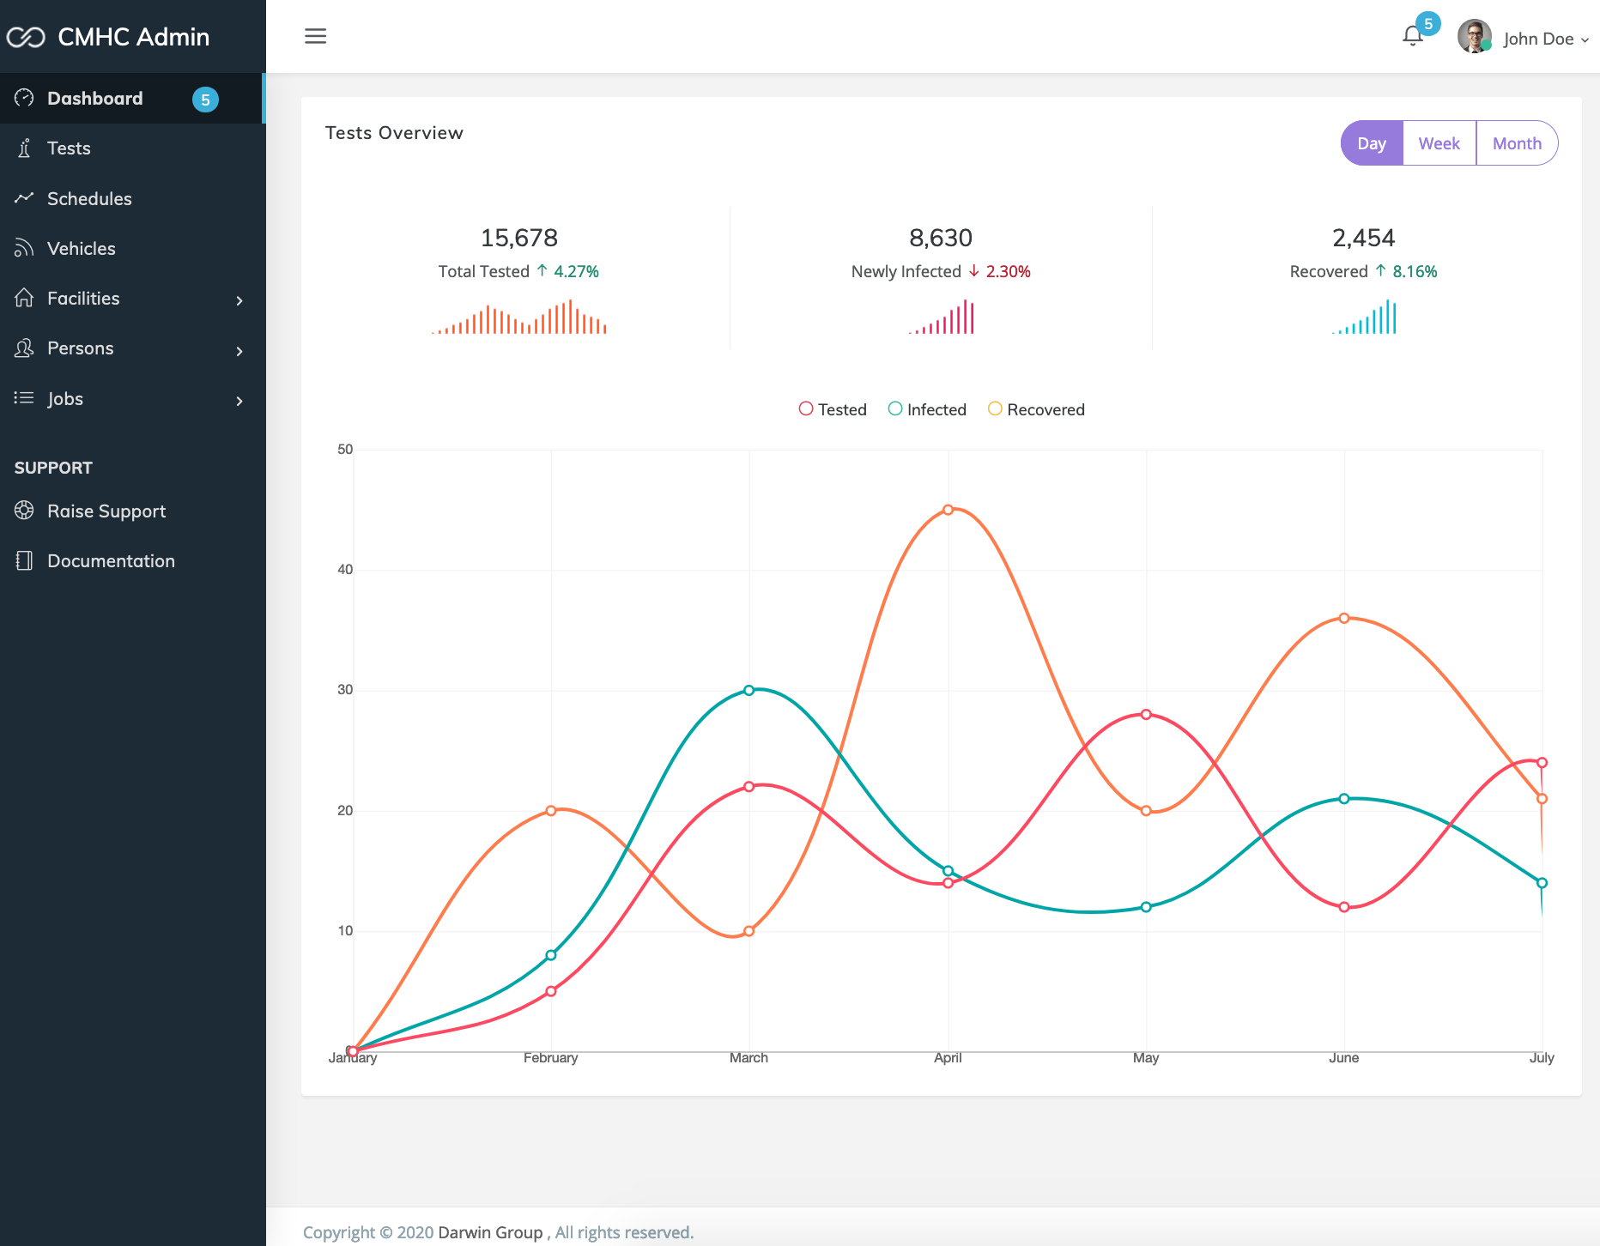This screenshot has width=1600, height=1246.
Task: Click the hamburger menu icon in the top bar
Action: [x=315, y=36]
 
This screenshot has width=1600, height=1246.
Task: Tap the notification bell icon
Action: [x=1412, y=36]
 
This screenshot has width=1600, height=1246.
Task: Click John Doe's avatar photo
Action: [x=1474, y=36]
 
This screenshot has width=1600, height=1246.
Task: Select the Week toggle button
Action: [x=1439, y=143]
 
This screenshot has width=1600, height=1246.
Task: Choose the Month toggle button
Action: [x=1517, y=143]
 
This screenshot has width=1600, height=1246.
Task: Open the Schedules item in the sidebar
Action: [x=89, y=198]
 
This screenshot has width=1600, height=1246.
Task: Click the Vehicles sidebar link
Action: [x=81, y=248]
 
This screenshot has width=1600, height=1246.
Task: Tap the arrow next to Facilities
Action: [x=239, y=300]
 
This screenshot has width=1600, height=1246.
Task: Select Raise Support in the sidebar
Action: [x=106, y=511]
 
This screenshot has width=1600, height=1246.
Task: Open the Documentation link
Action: [x=111, y=561]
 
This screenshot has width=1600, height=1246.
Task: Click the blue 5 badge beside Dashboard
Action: [x=205, y=100]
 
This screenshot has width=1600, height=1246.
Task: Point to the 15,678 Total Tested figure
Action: [x=519, y=238]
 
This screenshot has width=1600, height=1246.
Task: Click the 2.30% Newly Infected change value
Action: [x=1008, y=271]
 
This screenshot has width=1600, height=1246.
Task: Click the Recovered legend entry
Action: [x=1036, y=409]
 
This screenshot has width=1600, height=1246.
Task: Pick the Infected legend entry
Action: [x=927, y=409]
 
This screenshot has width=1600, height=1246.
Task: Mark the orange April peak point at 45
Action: [x=948, y=510]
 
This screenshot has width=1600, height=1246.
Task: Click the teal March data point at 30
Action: [x=748, y=690]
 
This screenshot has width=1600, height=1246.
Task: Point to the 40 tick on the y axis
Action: [x=345, y=570]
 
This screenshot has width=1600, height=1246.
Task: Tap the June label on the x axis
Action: [x=1343, y=1058]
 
